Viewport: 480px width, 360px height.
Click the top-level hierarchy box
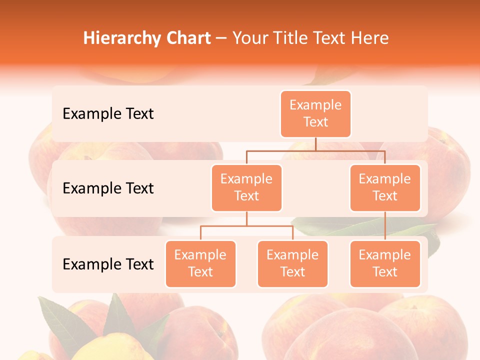(x=315, y=114)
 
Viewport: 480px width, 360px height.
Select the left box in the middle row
(x=246, y=188)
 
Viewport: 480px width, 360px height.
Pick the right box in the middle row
(x=385, y=188)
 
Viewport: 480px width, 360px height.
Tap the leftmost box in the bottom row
(x=200, y=264)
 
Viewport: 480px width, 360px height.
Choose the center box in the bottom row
(x=292, y=264)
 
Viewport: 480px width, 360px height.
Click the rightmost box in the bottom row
(x=385, y=264)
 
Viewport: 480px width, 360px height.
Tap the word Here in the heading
(x=369, y=38)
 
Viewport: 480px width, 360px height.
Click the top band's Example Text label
(x=108, y=114)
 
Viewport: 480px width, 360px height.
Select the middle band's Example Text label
(x=108, y=188)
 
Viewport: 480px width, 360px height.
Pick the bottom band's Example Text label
(x=108, y=264)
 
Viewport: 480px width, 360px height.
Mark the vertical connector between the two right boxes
(x=385, y=226)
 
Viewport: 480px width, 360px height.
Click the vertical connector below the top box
(x=315, y=144)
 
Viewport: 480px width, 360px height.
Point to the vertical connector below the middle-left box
(x=246, y=218)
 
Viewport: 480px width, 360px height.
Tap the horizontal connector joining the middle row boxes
(x=315, y=150)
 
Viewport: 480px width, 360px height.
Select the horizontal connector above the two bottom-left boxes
(x=246, y=226)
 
